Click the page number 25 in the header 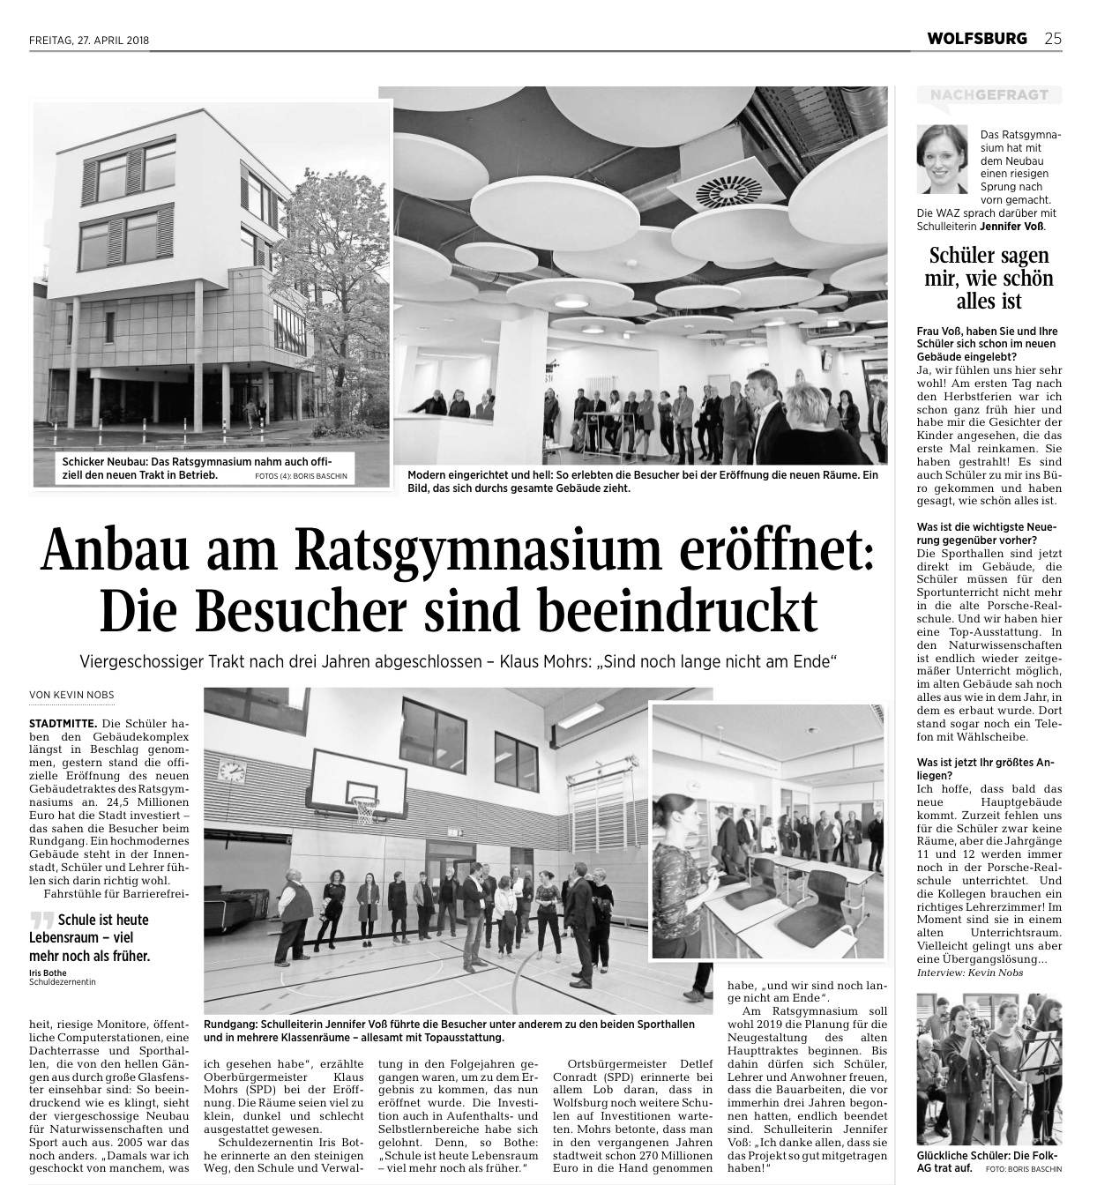1053,39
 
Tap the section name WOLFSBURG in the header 977,39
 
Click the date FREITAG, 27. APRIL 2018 88,40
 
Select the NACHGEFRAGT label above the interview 982,94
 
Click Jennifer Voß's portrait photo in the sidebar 942,159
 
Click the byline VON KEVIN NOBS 71,695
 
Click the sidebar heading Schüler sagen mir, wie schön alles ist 989,279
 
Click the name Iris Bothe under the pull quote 48,973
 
